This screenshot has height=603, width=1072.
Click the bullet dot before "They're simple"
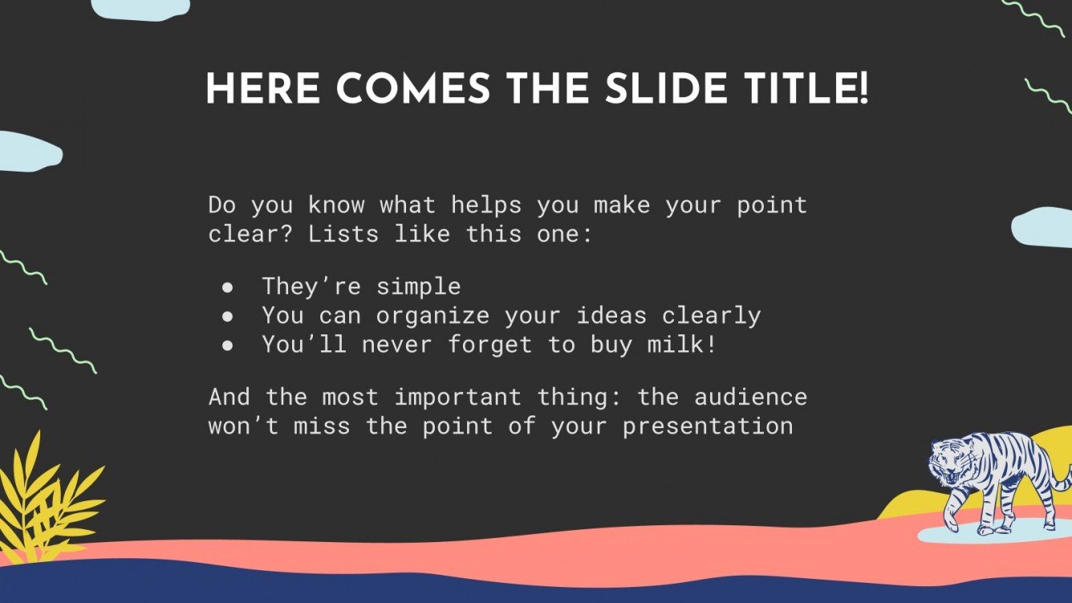tap(228, 287)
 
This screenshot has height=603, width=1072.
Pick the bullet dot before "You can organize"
tap(228, 317)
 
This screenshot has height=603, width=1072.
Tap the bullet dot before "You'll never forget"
tap(228, 346)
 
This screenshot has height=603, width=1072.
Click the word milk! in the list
tap(682, 344)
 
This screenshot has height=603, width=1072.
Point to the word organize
tap(432, 317)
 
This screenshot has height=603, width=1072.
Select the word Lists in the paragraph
tap(343, 234)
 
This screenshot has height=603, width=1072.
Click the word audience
tap(750, 397)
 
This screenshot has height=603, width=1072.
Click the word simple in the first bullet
tap(418, 287)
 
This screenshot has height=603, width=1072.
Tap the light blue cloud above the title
tap(140, 9)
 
